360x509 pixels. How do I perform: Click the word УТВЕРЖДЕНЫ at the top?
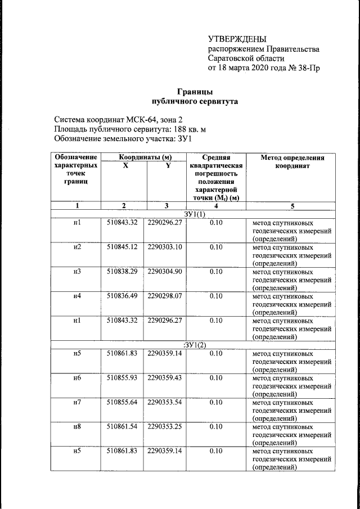(237, 39)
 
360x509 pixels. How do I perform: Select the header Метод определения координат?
(292, 162)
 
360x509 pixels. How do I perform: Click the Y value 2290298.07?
(165, 296)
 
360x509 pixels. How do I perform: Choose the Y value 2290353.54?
(165, 402)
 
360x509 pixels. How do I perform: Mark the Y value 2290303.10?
(165, 247)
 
